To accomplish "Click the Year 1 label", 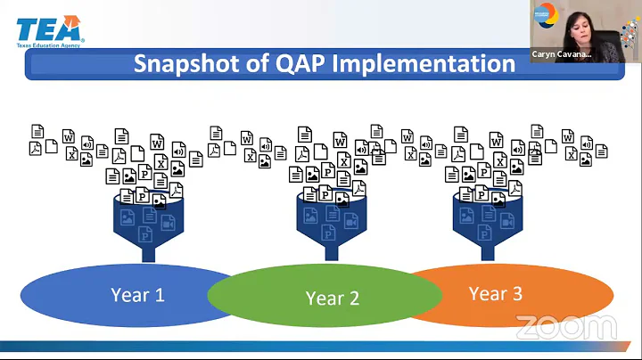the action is [x=137, y=295].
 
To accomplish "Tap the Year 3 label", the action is [x=496, y=293].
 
